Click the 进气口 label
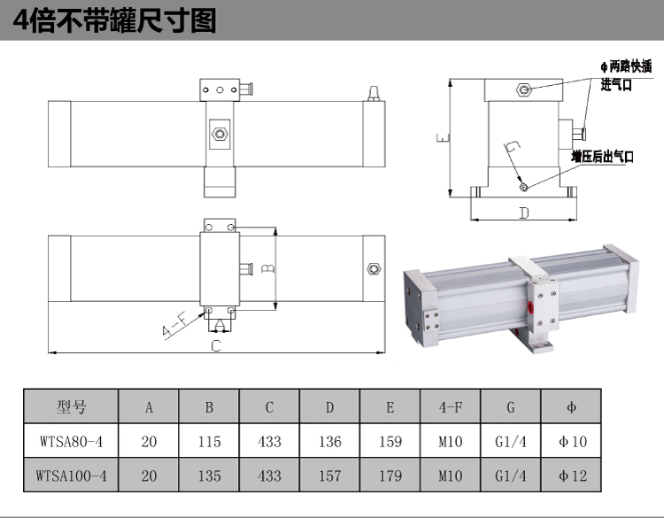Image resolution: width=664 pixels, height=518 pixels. (617, 85)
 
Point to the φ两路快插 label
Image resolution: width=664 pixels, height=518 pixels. (626, 66)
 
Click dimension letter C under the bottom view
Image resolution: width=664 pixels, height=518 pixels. (215, 346)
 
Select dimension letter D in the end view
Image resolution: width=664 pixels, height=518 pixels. (523, 213)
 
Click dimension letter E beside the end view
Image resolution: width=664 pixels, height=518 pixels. (442, 138)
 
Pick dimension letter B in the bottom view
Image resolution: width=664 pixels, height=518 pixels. (271, 266)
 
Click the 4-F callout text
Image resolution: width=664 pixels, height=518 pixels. (174, 328)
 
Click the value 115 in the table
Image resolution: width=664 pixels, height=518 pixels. (209, 441)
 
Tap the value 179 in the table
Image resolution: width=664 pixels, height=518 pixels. (390, 475)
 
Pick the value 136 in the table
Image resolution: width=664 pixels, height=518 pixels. (329, 441)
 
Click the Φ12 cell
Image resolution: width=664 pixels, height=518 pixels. (570, 475)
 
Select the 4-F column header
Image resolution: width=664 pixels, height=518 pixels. (450, 407)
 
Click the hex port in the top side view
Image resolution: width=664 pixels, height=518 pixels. (218, 134)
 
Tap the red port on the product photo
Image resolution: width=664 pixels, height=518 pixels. (530, 307)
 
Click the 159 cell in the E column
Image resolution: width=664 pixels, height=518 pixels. (390, 441)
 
